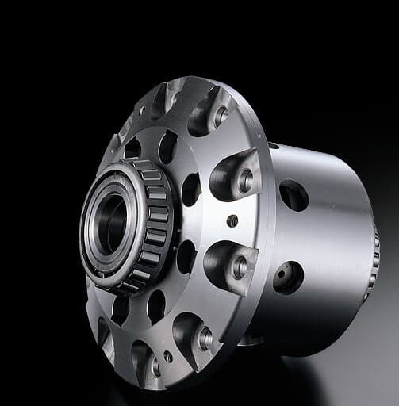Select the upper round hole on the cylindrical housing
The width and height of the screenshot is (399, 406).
(x=293, y=195)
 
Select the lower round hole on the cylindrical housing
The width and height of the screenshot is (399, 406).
(x=288, y=277)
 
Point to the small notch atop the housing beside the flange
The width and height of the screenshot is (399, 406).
(x=274, y=146)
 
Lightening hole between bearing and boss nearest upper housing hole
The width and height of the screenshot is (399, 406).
(x=191, y=189)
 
